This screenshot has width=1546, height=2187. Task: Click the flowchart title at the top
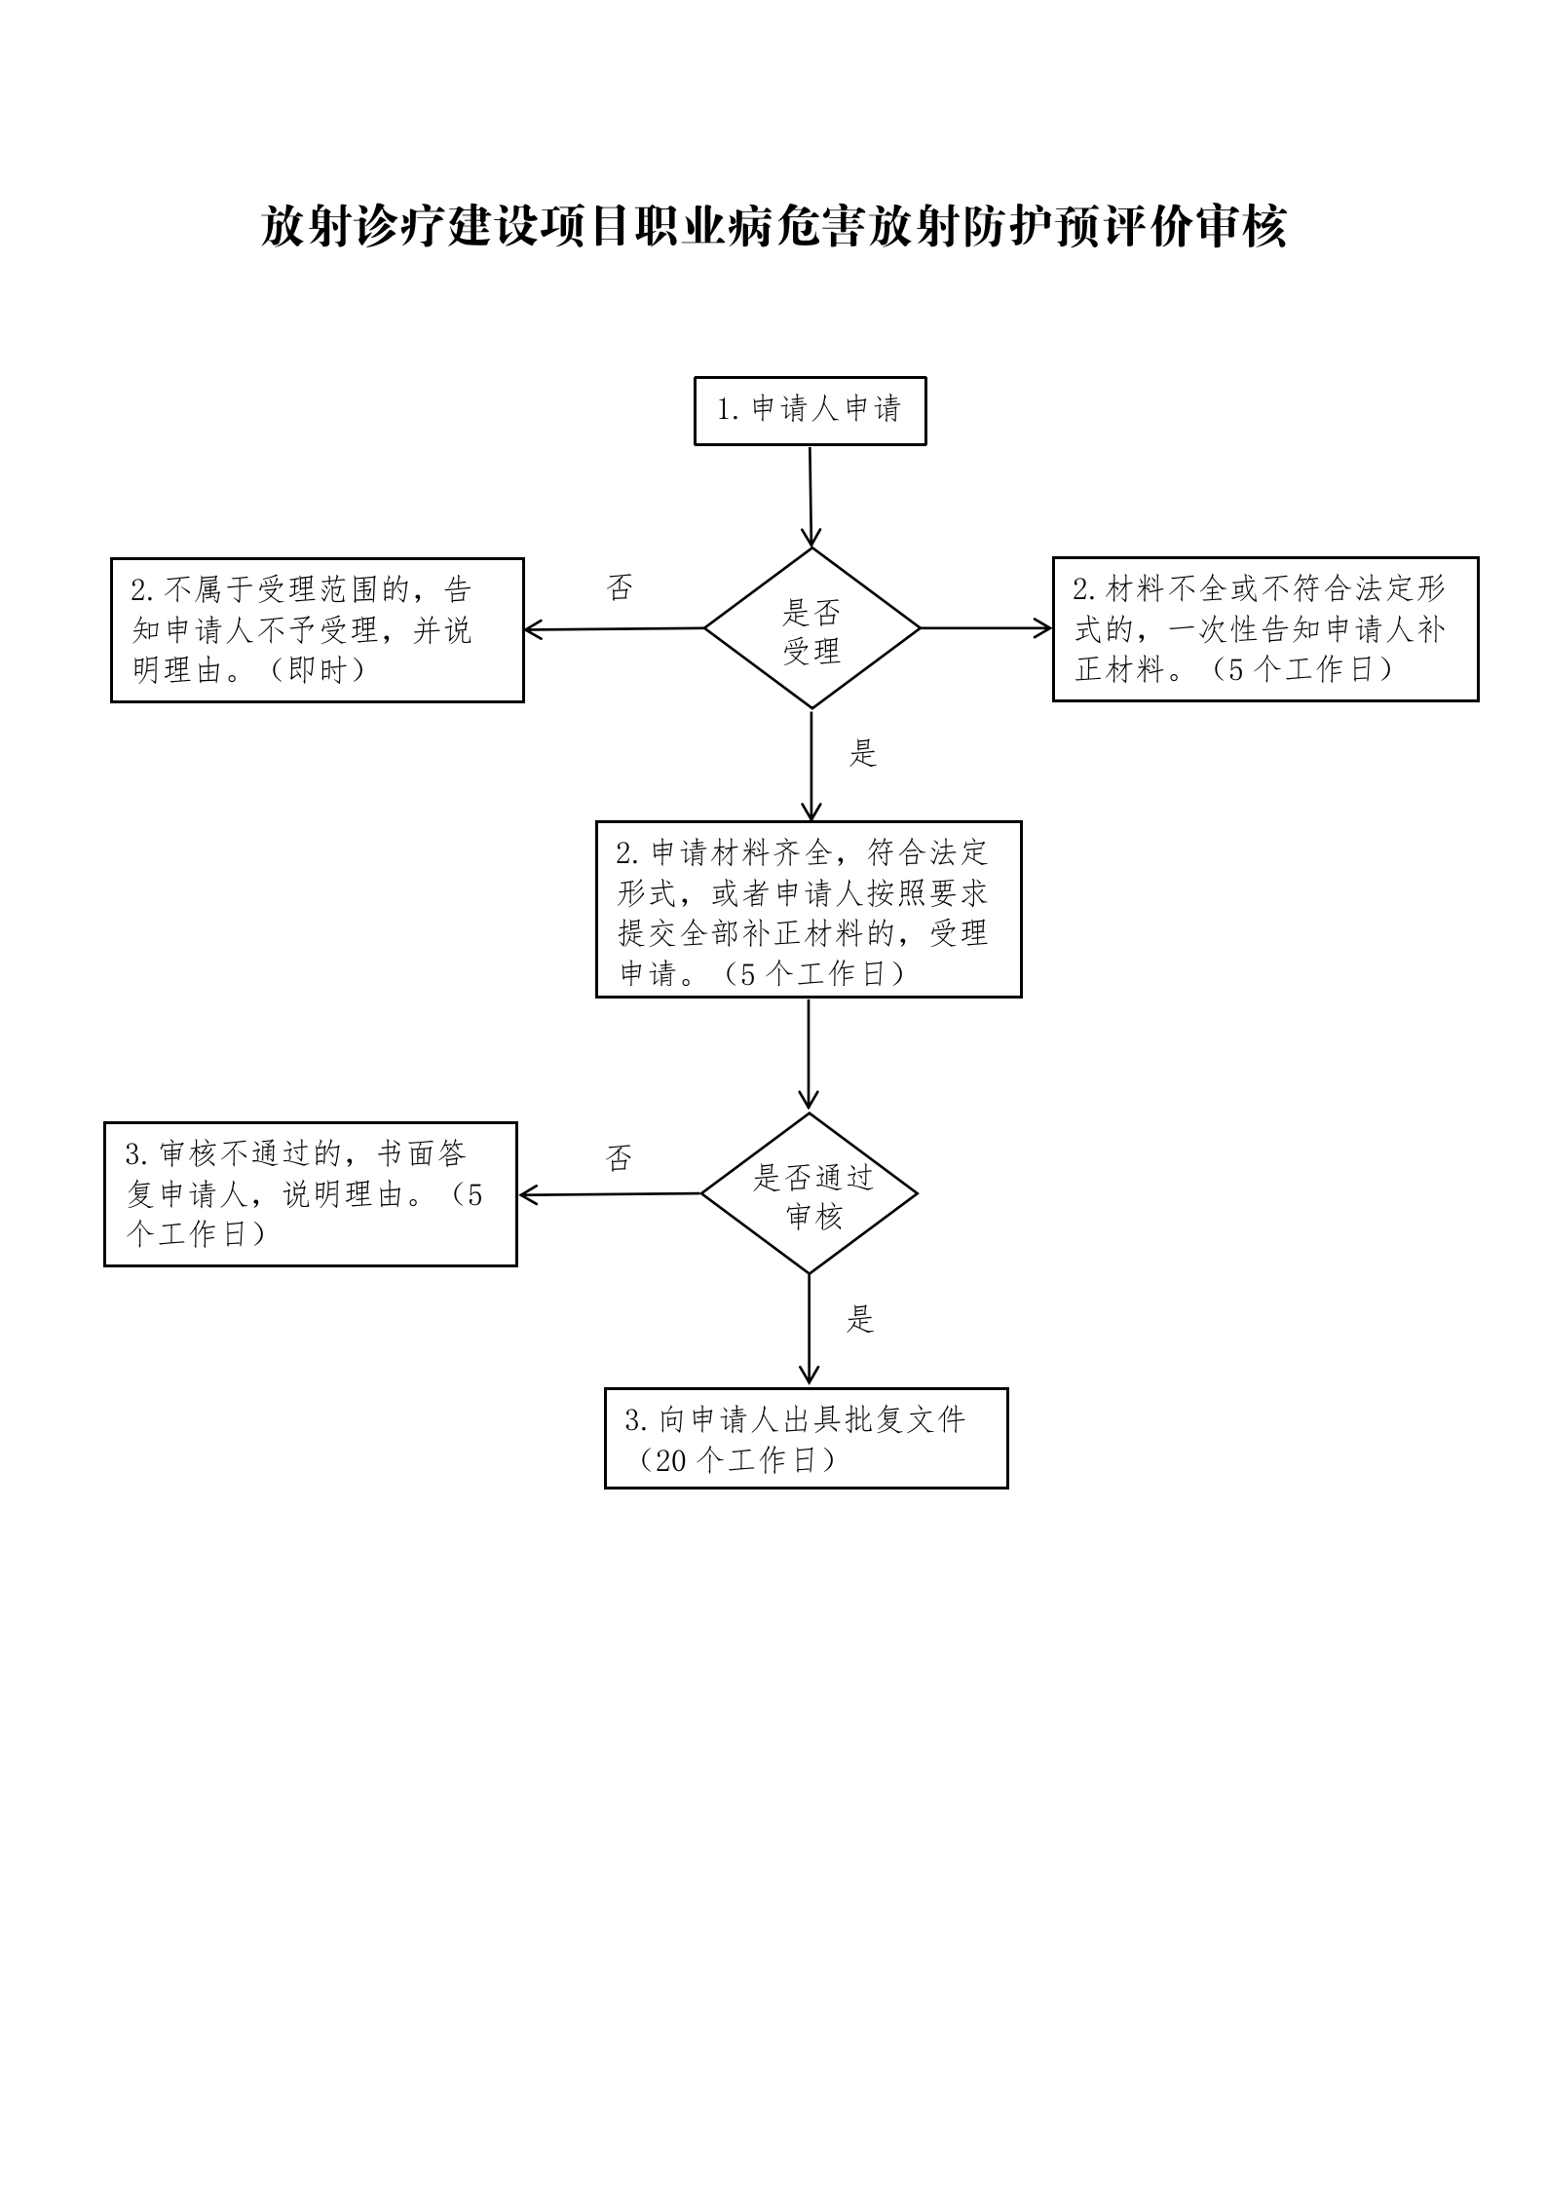(x=773, y=227)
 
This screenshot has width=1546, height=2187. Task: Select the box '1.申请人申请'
(x=810, y=411)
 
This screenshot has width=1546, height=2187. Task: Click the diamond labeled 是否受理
(x=811, y=628)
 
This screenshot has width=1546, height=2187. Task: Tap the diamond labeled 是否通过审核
(x=810, y=1193)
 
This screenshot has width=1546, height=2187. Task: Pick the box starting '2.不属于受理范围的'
(x=318, y=630)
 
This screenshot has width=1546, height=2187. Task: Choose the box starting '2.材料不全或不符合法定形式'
(x=1265, y=629)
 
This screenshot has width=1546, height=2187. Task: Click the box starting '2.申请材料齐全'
(x=809, y=909)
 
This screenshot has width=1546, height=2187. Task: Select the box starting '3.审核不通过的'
(x=311, y=1194)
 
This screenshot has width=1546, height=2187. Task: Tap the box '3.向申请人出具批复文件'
(x=806, y=1438)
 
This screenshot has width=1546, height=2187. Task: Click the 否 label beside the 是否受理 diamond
(x=620, y=587)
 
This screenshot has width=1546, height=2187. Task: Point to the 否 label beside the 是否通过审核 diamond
(x=619, y=1158)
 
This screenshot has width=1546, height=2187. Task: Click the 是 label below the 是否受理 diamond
(x=863, y=753)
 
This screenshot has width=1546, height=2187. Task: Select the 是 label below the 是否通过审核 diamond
(x=860, y=1319)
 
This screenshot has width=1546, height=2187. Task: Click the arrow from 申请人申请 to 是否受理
(x=811, y=497)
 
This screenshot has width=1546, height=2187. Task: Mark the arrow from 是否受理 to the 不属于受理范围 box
(x=615, y=629)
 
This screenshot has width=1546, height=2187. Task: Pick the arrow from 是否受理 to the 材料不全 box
(x=986, y=628)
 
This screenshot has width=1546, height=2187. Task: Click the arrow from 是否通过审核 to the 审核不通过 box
(x=610, y=1194)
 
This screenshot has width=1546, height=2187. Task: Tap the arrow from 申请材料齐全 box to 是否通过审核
(x=809, y=1055)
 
